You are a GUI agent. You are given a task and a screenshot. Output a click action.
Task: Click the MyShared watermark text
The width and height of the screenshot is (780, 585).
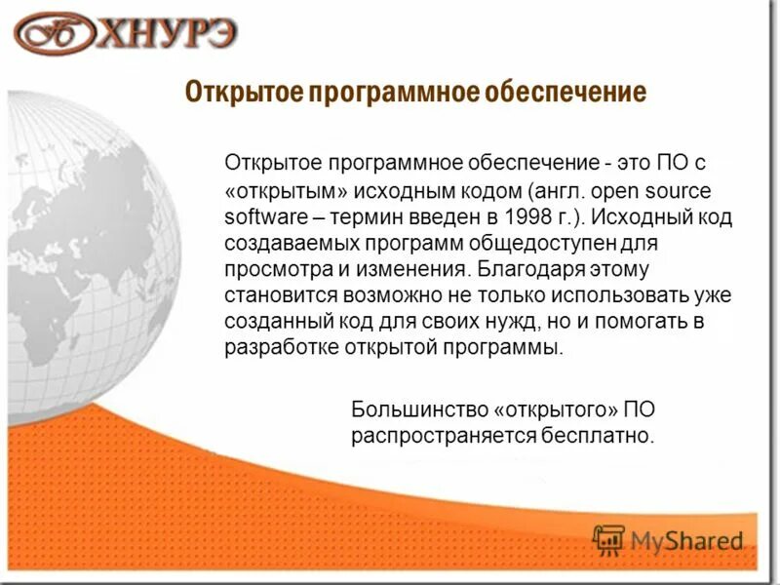click(x=686, y=540)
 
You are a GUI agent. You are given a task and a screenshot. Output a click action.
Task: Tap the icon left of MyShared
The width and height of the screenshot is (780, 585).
click(x=608, y=539)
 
